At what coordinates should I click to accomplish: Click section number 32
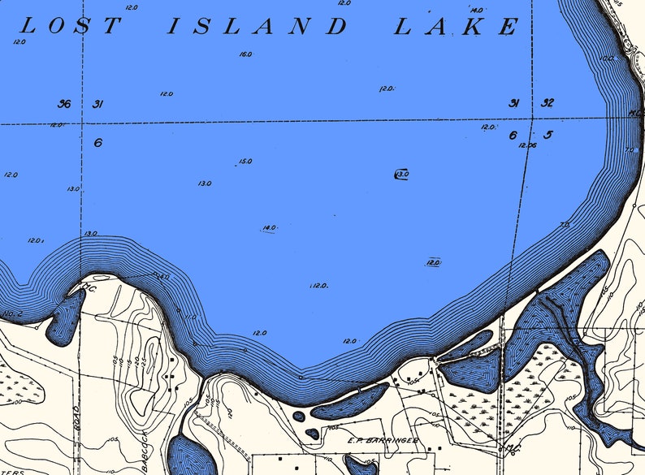(x=548, y=103)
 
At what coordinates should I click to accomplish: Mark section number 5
(x=548, y=135)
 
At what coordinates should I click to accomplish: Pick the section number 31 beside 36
(x=98, y=104)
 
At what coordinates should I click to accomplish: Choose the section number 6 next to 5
(x=513, y=136)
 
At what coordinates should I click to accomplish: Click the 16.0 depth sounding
(x=245, y=54)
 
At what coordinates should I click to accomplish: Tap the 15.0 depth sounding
(x=245, y=162)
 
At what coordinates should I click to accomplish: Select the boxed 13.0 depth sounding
(x=402, y=174)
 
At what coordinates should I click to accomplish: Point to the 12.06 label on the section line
(x=528, y=145)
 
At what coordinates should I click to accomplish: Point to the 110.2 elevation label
(x=11, y=313)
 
